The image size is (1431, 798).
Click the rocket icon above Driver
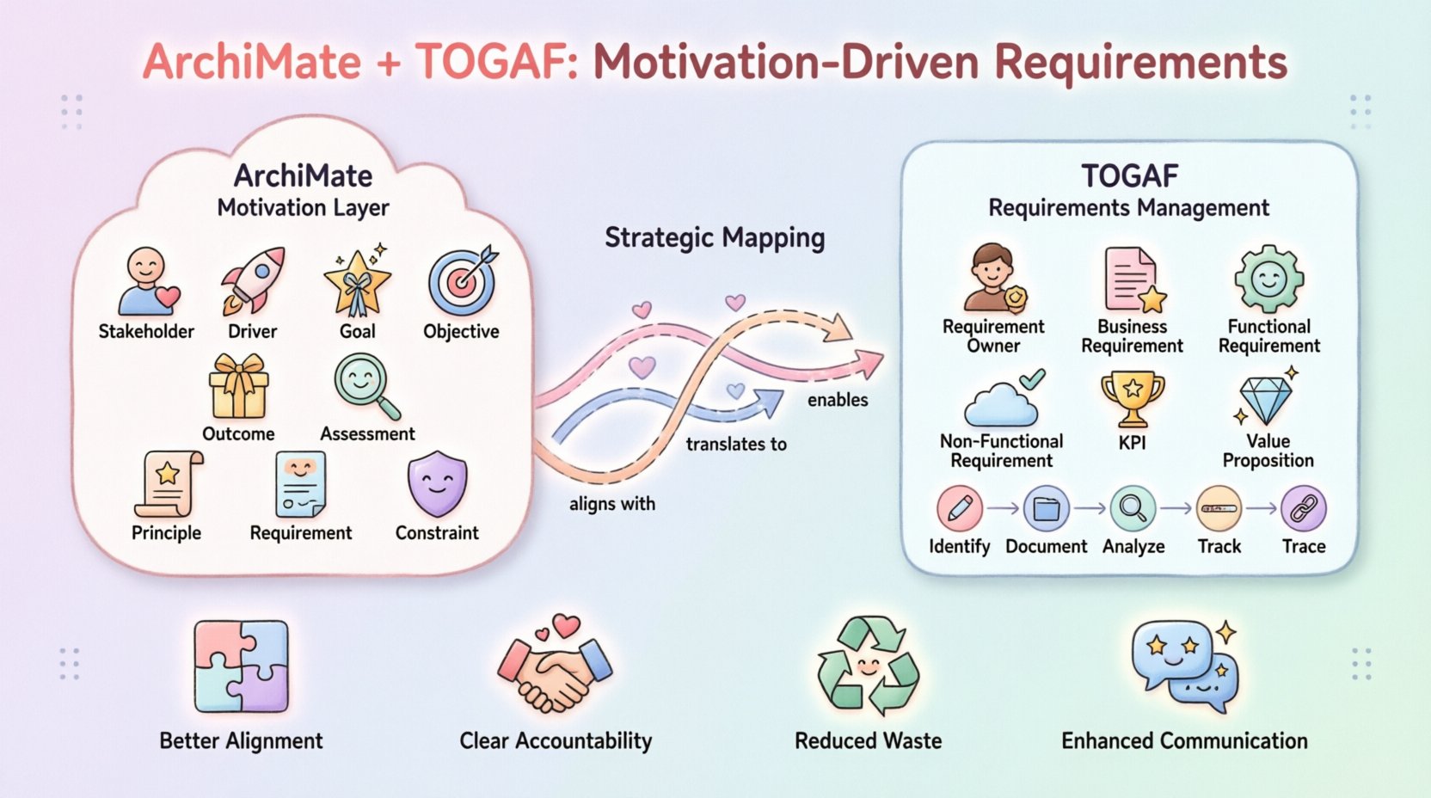253,280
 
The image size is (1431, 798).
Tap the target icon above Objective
463,282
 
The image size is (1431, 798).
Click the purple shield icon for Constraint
437,485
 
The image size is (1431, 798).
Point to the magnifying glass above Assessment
366,386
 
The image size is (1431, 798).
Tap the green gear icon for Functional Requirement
1268,279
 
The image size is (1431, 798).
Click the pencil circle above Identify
959,508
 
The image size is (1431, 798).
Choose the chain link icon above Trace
1303,508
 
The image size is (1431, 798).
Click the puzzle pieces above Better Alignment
241,667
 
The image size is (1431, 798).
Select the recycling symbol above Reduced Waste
868,667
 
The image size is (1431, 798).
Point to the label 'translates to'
736,445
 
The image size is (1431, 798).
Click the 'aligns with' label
611,504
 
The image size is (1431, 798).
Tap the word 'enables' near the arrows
838,400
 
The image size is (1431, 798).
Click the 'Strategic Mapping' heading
714,237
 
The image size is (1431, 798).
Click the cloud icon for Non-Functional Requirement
1001,402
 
